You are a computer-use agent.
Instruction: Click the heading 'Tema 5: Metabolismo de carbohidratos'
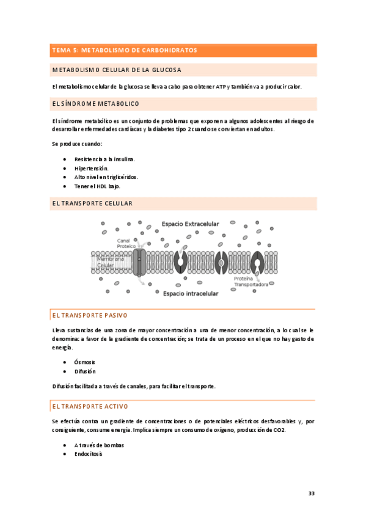click(x=125, y=50)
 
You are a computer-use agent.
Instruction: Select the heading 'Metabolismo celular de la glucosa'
click(x=116, y=70)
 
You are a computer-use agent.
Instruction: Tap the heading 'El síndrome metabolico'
click(x=96, y=104)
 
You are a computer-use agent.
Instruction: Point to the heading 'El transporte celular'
click(x=92, y=203)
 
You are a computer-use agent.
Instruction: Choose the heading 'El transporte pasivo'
click(x=89, y=316)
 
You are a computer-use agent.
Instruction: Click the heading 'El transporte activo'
click(x=89, y=406)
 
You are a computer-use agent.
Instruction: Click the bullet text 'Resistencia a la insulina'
click(x=104, y=159)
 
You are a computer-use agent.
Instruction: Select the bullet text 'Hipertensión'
click(x=92, y=168)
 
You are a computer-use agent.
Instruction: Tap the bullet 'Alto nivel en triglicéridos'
click(x=106, y=177)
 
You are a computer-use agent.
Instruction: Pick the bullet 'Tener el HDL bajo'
click(x=97, y=186)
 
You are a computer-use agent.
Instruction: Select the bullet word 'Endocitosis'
click(x=89, y=454)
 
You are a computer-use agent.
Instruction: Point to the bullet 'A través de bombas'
click(x=99, y=445)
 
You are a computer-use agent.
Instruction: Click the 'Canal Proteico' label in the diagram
click(x=126, y=243)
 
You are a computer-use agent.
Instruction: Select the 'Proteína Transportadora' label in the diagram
click(x=251, y=282)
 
